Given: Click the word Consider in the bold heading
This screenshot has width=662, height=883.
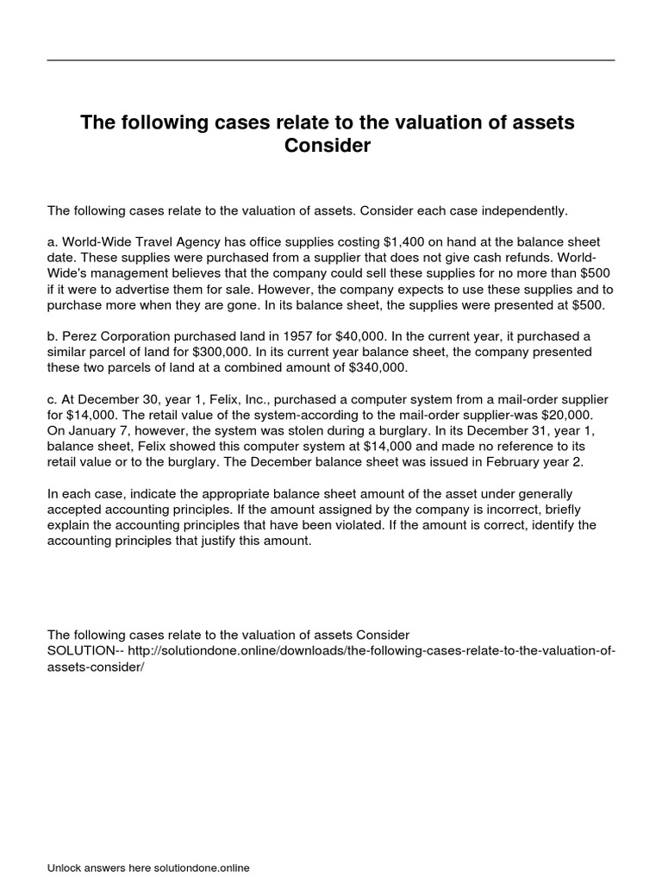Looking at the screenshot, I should (x=327, y=146).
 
